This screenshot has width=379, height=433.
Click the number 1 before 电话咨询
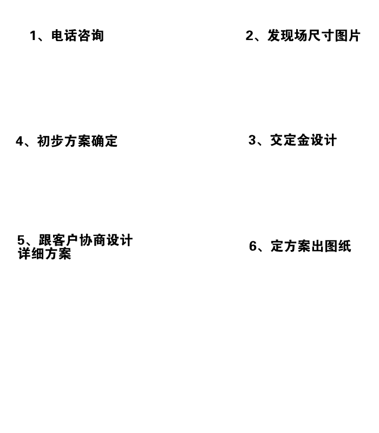33,36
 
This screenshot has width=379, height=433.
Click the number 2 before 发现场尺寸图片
250,36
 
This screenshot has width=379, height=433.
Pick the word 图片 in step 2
348,36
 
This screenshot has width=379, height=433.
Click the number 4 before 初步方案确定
19,141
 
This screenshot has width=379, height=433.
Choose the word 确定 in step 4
104,141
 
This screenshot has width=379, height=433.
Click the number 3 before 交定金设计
252,140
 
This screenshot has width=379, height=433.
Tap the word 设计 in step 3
324,140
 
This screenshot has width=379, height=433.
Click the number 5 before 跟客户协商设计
21,240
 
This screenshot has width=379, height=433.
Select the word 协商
93,240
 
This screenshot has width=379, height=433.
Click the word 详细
31,254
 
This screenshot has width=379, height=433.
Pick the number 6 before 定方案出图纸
253,246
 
